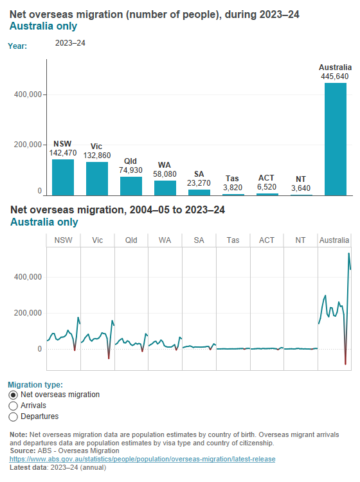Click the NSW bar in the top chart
[x=62, y=177]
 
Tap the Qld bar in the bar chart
[x=130, y=186]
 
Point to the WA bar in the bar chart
[x=165, y=188]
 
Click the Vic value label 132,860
[x=96, y=156]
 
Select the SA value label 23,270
[x=199, y=183]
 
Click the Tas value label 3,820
[x=233, y=187]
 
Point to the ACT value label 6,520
[x=267, y=186]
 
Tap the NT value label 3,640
[x=301, y=188]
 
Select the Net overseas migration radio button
[x=14, y=395]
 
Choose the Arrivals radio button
[x=14, y=406]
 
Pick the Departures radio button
[x=14, y=417]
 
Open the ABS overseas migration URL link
[x=143, y=459]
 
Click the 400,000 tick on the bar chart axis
[x=28, y=94]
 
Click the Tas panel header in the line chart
[x=233, y=240]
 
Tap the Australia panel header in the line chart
[x=334, y=240]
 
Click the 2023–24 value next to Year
[x=71, y=44]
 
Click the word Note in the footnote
[x=19, y=434]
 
